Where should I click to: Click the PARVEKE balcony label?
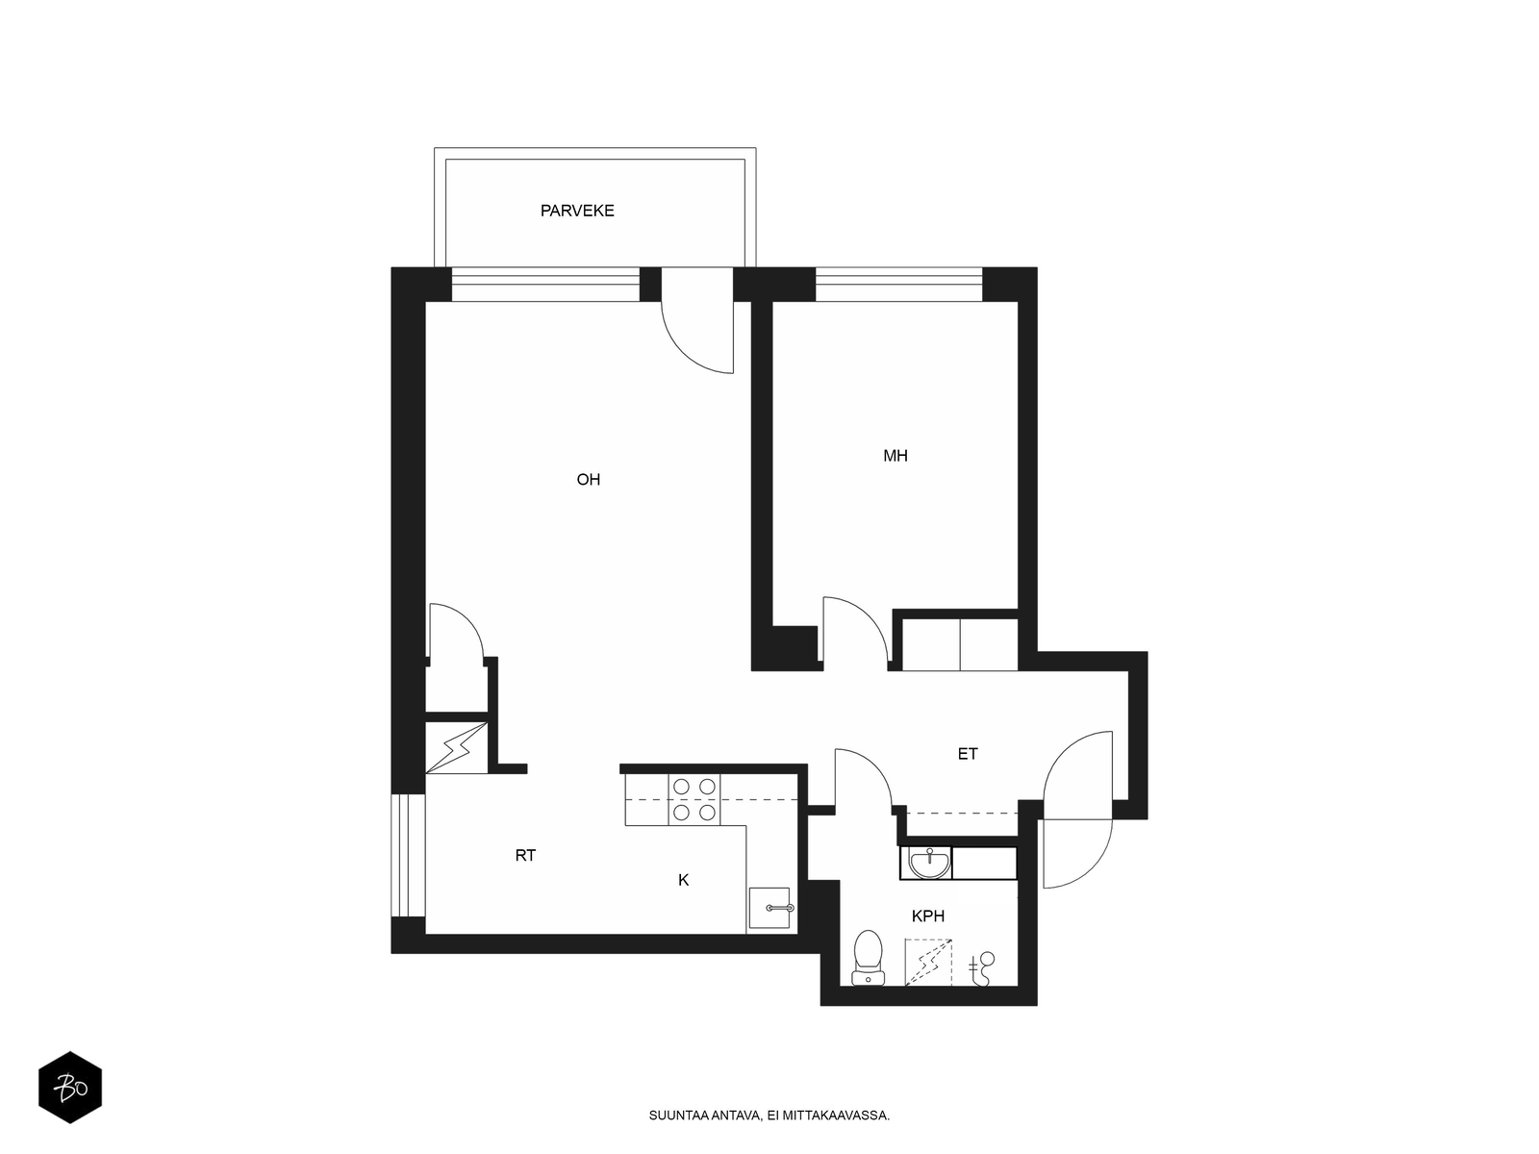[576, 211]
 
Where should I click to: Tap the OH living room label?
[588, 479]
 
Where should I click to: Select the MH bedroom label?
[895, 456]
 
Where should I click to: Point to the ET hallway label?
[967, 754]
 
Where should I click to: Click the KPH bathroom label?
[927, 916]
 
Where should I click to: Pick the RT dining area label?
[524, 855]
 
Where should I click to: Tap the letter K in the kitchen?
[683, 880]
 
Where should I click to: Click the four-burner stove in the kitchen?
[694, 799]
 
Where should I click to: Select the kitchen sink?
[769, 908]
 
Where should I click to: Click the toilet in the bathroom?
[868, 957]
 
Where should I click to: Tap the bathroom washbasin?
[929, 863]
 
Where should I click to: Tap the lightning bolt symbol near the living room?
[456, 747]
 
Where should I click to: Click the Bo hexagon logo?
[70, 1088]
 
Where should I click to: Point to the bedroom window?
[898, 285]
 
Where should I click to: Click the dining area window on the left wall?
[408, 855]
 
